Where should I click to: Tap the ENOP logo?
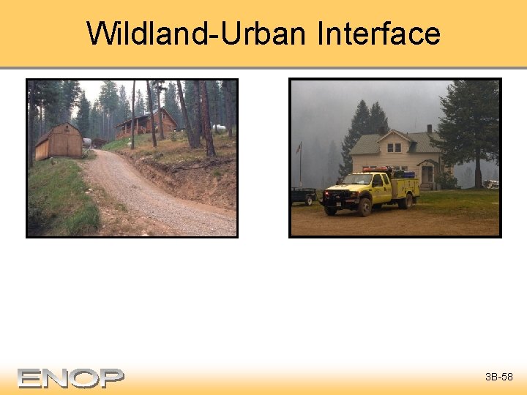71,377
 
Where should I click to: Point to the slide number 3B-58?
498,377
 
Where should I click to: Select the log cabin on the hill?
146,124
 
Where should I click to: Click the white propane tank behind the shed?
88,142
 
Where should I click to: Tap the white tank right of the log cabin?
219,129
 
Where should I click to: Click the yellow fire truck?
370,189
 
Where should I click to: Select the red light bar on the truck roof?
378,169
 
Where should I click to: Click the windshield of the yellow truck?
360,180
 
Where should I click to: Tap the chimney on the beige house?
429,129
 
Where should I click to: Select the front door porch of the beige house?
427,174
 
